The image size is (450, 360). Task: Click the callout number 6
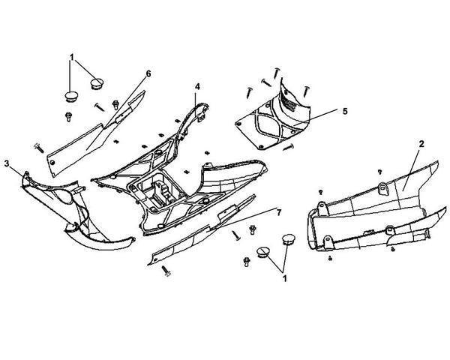(148, 73)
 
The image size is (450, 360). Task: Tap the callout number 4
(197, 87)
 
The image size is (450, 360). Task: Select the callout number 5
(345, 111)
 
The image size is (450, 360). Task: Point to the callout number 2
(421, 144)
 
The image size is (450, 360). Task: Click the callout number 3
(7, 163)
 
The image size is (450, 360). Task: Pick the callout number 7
(279, 212)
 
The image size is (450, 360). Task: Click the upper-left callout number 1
(72, 58)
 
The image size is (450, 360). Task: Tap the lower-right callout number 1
(284, 278)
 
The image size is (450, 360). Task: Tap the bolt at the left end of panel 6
(39, 148)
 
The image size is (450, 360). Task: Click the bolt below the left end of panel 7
(166, 271)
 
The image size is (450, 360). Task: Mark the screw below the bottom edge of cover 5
(288, 148)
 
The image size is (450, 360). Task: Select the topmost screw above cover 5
(276, 73)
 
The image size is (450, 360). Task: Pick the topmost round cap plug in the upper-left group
(97, 83)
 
